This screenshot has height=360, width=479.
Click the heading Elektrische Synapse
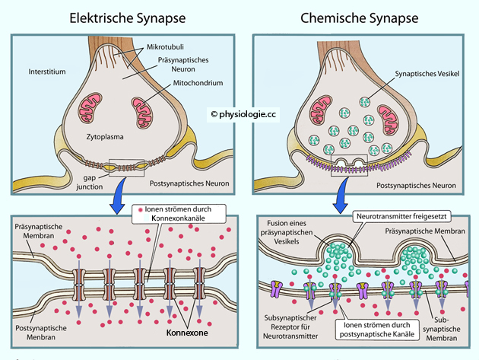pos(119,16)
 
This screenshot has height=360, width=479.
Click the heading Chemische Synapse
pos(359,16)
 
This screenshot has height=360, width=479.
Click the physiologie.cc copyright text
pos(245,114)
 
